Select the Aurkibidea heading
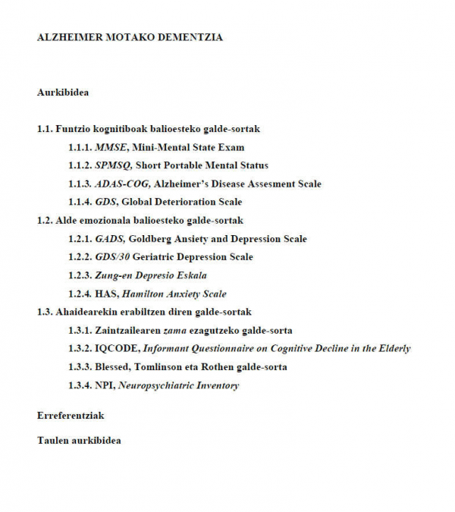(63, 93)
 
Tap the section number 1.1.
(45, 129)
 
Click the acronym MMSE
(111, 147)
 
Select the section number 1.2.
(45, 220)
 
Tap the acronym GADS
(110, 239)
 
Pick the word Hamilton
(141, 294)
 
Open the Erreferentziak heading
(71, 416)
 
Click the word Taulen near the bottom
(53, 440)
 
